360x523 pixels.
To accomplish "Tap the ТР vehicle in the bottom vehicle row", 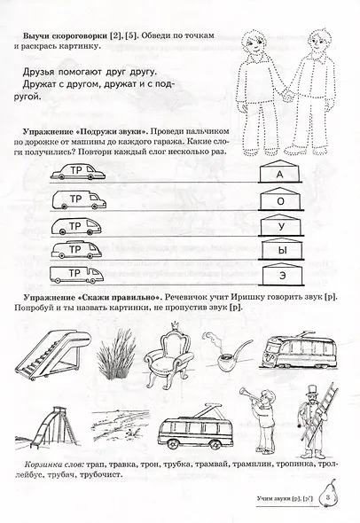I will point(77,272).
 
